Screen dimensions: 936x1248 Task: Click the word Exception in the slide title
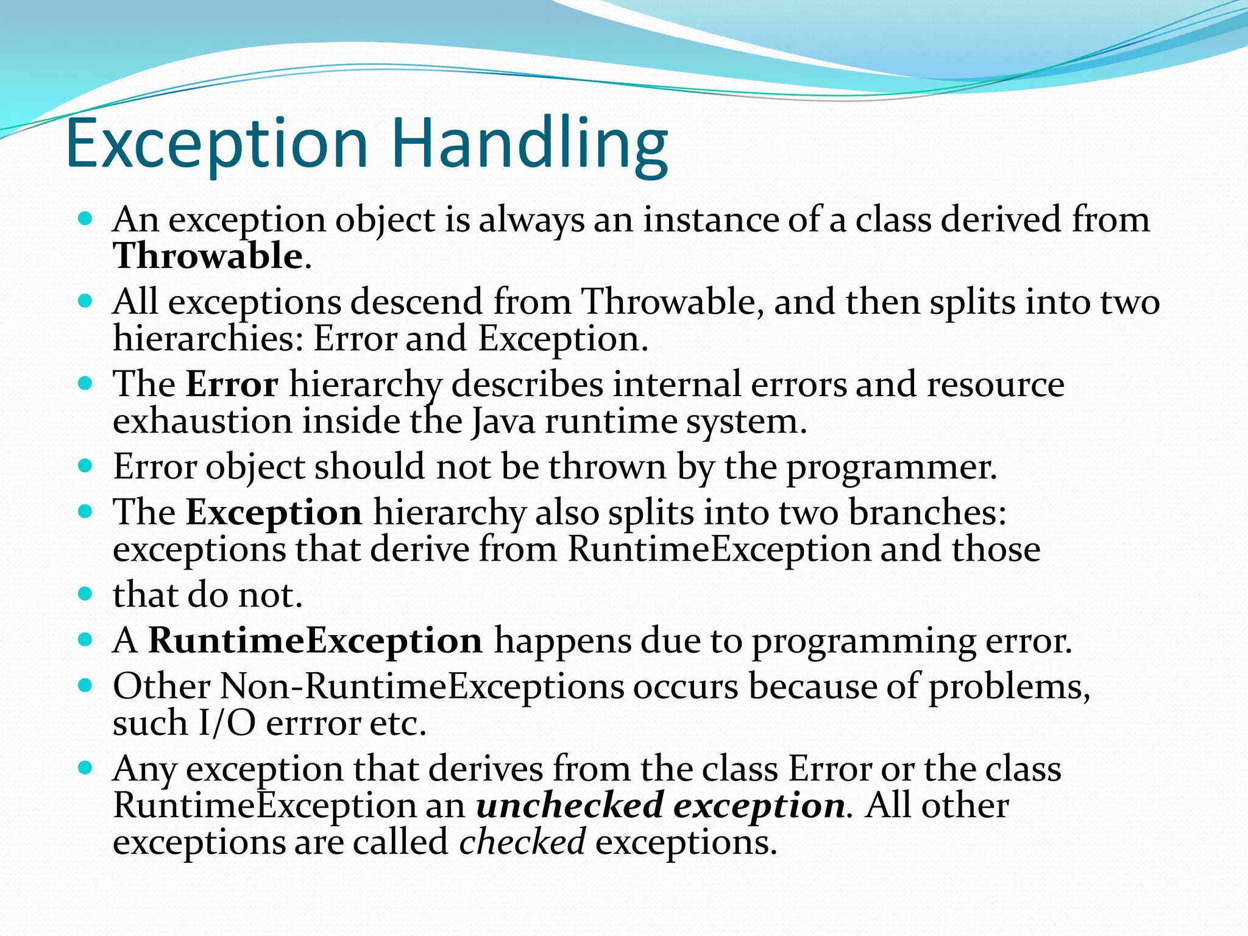(217, 145)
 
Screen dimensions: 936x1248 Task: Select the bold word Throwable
(208, 256)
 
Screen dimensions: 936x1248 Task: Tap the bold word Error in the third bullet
(232, 385)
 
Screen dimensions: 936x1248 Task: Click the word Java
(503, 422)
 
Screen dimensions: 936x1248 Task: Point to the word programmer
(891, 468)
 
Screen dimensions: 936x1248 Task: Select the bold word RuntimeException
(315, 642)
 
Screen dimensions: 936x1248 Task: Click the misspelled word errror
(313, 725)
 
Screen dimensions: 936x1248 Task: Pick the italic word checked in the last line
(522, 843)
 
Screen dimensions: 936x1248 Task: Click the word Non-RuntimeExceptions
(422, 687)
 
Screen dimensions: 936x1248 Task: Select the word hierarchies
(208, 339)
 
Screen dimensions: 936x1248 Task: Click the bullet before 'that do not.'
(85, 593)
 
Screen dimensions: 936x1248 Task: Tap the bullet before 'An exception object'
(85, 218)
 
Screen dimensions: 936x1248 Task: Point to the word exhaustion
(203, 422)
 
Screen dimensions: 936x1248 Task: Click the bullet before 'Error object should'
(85, 466)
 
